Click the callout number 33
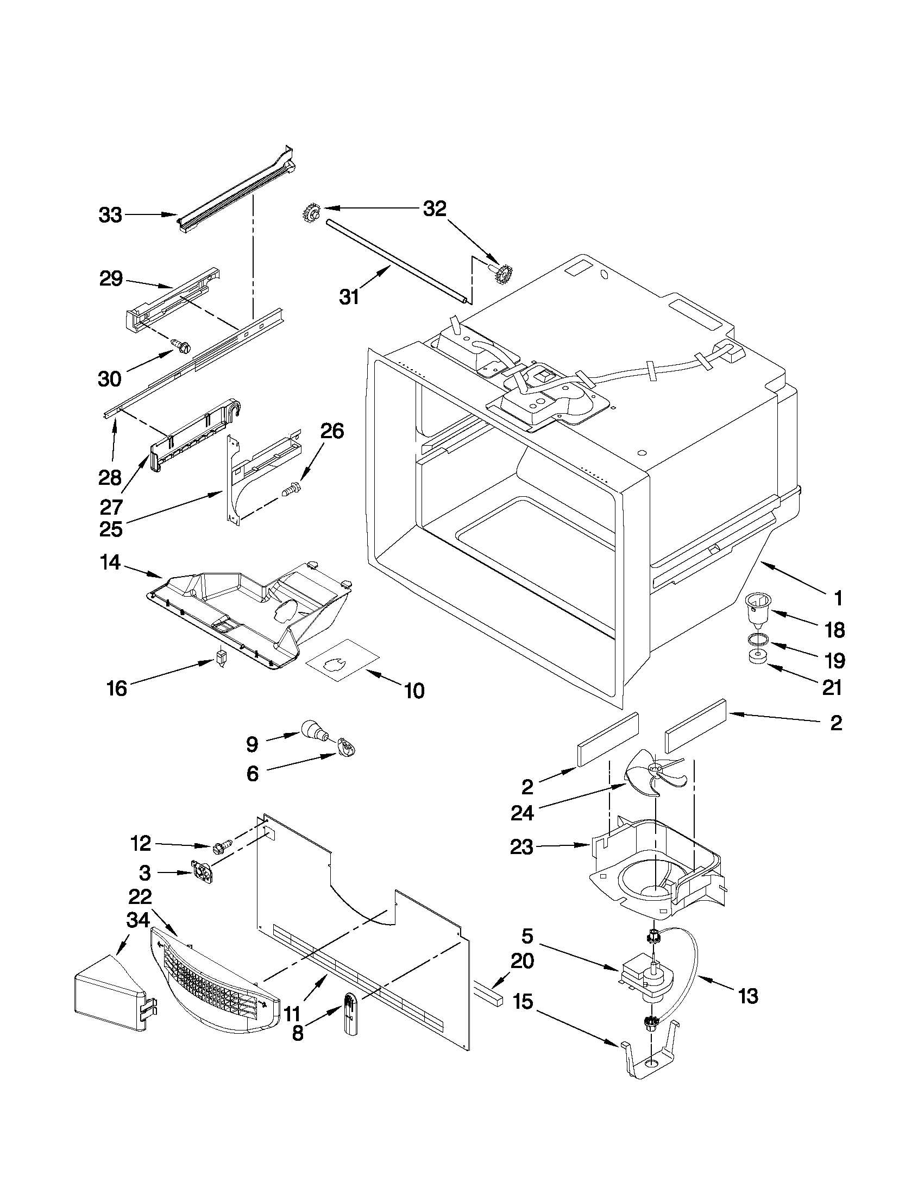click(110, 215)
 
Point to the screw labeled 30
click(183, 345)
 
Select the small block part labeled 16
click(221, 657)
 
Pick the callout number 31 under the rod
click(349, 297)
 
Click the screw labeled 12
click(222, 848)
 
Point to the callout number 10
click(414, 691)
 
